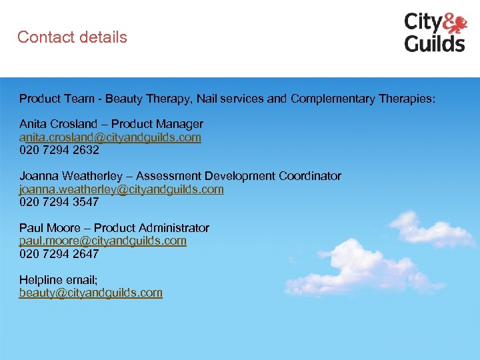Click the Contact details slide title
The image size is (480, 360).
coord(72,37)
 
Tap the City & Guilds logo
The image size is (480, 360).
coord(435,32)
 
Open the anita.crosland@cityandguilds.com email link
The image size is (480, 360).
coord(110,137)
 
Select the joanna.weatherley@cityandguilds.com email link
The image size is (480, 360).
coord(121,189)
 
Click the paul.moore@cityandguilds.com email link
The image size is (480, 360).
coord(103,241)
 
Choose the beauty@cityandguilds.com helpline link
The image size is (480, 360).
coord(91,293)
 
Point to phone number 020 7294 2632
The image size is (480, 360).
coord(59,150)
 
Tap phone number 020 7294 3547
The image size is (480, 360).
coord(59,202)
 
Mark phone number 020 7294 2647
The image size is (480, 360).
coord(59,254)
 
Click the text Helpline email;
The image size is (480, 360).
coord(59,280)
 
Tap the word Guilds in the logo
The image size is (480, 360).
coord(435,44)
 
